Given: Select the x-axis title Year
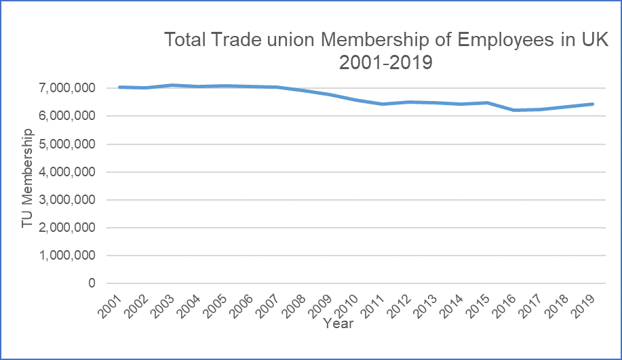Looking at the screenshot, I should (x=338, y=323).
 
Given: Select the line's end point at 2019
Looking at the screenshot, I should (x=593, y=104).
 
